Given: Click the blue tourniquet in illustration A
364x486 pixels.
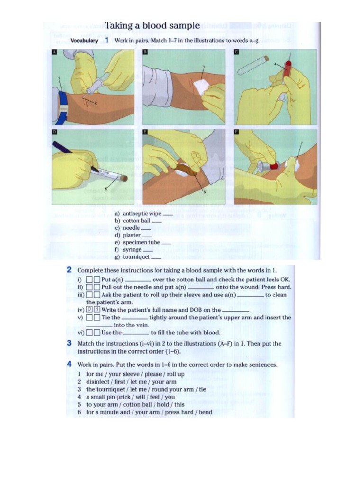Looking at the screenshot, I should pos(62,105).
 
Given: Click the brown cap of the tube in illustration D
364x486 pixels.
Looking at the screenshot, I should pos(124,178).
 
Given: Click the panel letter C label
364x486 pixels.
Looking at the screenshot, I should pos(237,52).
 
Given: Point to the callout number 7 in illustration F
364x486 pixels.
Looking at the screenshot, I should pos(301,142).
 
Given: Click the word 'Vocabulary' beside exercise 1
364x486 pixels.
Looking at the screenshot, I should pos(84,41).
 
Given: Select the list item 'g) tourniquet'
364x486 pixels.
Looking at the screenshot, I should pos(132,257).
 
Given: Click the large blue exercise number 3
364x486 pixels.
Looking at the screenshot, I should pos(69,344).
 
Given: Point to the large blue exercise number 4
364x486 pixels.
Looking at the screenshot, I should pos(69,364).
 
